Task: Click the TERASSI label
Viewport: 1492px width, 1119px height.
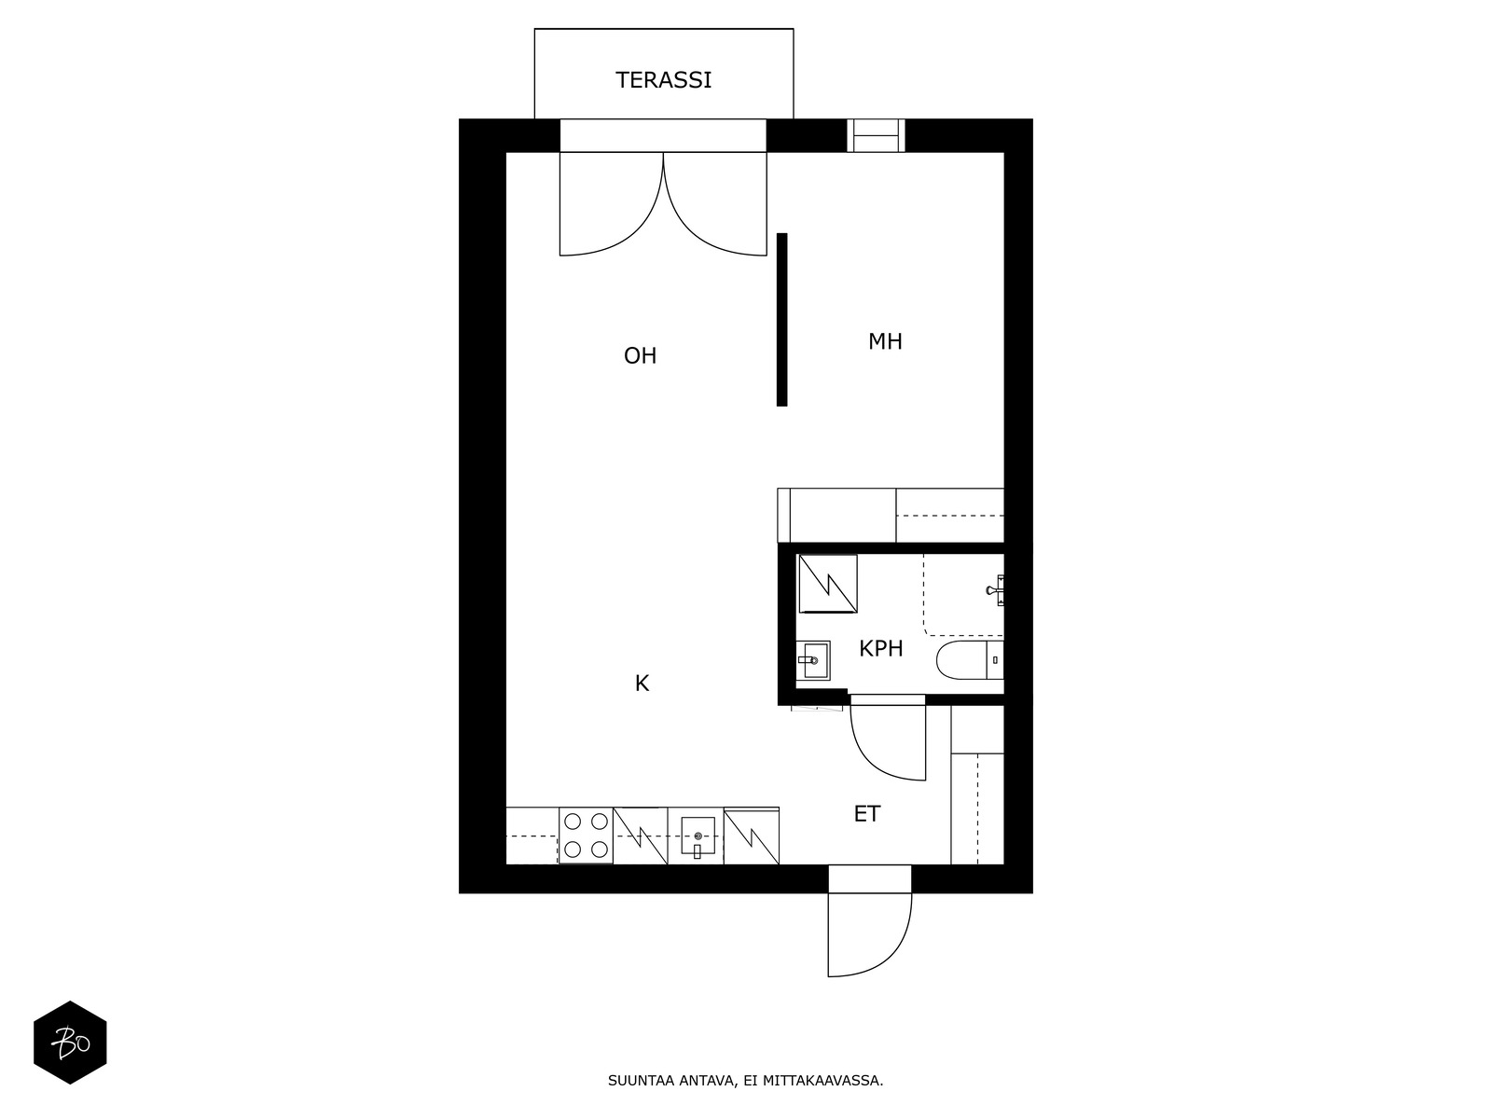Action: click(x=663, y=80)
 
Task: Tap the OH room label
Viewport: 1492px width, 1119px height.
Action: click(x=640, y=355)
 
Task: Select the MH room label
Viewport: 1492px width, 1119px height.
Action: click(x=885, y=341)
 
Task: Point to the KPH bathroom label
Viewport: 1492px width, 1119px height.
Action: click(x=880, y=648)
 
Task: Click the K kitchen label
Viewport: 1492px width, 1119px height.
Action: click(x=642, y=684)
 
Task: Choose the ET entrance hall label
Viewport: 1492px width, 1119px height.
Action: click(x=866, y=814)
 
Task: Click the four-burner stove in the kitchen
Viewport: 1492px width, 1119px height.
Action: click(x=586, y=836)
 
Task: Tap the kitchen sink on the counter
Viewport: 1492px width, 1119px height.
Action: click(x=697, y=836)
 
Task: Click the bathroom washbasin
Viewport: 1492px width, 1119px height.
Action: click(x=812, y=660)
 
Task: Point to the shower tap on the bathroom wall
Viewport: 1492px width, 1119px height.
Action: click(x=995, y=589)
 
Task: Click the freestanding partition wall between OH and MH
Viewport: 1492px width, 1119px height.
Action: click(x=781, y=319)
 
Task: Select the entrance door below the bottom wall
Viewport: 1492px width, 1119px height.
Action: click(x=869, y=932)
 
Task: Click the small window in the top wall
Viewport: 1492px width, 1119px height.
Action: click(x=876, y=135)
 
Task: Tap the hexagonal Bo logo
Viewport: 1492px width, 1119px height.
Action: click(x=70, y=1043)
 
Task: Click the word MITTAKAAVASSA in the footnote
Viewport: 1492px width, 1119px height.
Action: click(x=822, y=1082)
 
